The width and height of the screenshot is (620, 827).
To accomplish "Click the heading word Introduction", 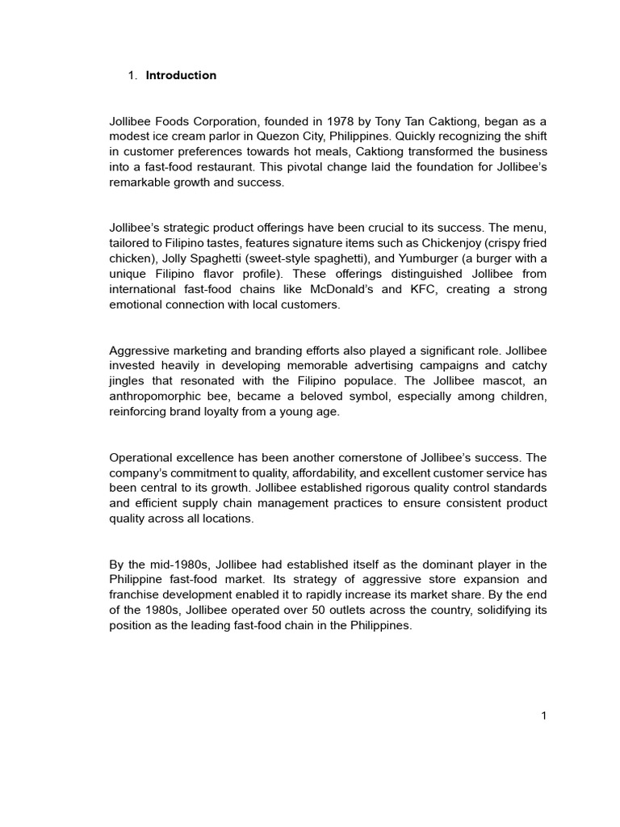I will tap(181, 75).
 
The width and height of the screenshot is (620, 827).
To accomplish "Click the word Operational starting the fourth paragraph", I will tap(140, 456).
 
